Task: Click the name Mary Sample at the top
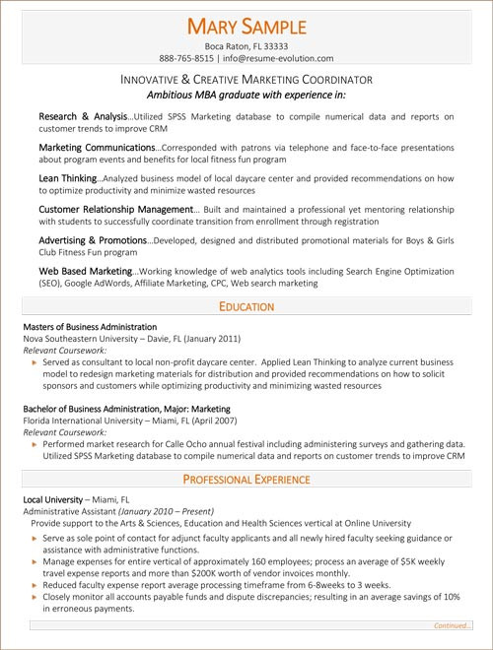[x=246, y=26]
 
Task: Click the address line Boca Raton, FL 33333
[x=246, y=45]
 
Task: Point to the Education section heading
[x=246, y=306]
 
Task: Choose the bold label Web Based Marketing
[x=85, y=271]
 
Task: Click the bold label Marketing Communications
[x=97, y=147]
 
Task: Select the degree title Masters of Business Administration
[x=103, y=326]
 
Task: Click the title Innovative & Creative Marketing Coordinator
[x=246, y=79]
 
